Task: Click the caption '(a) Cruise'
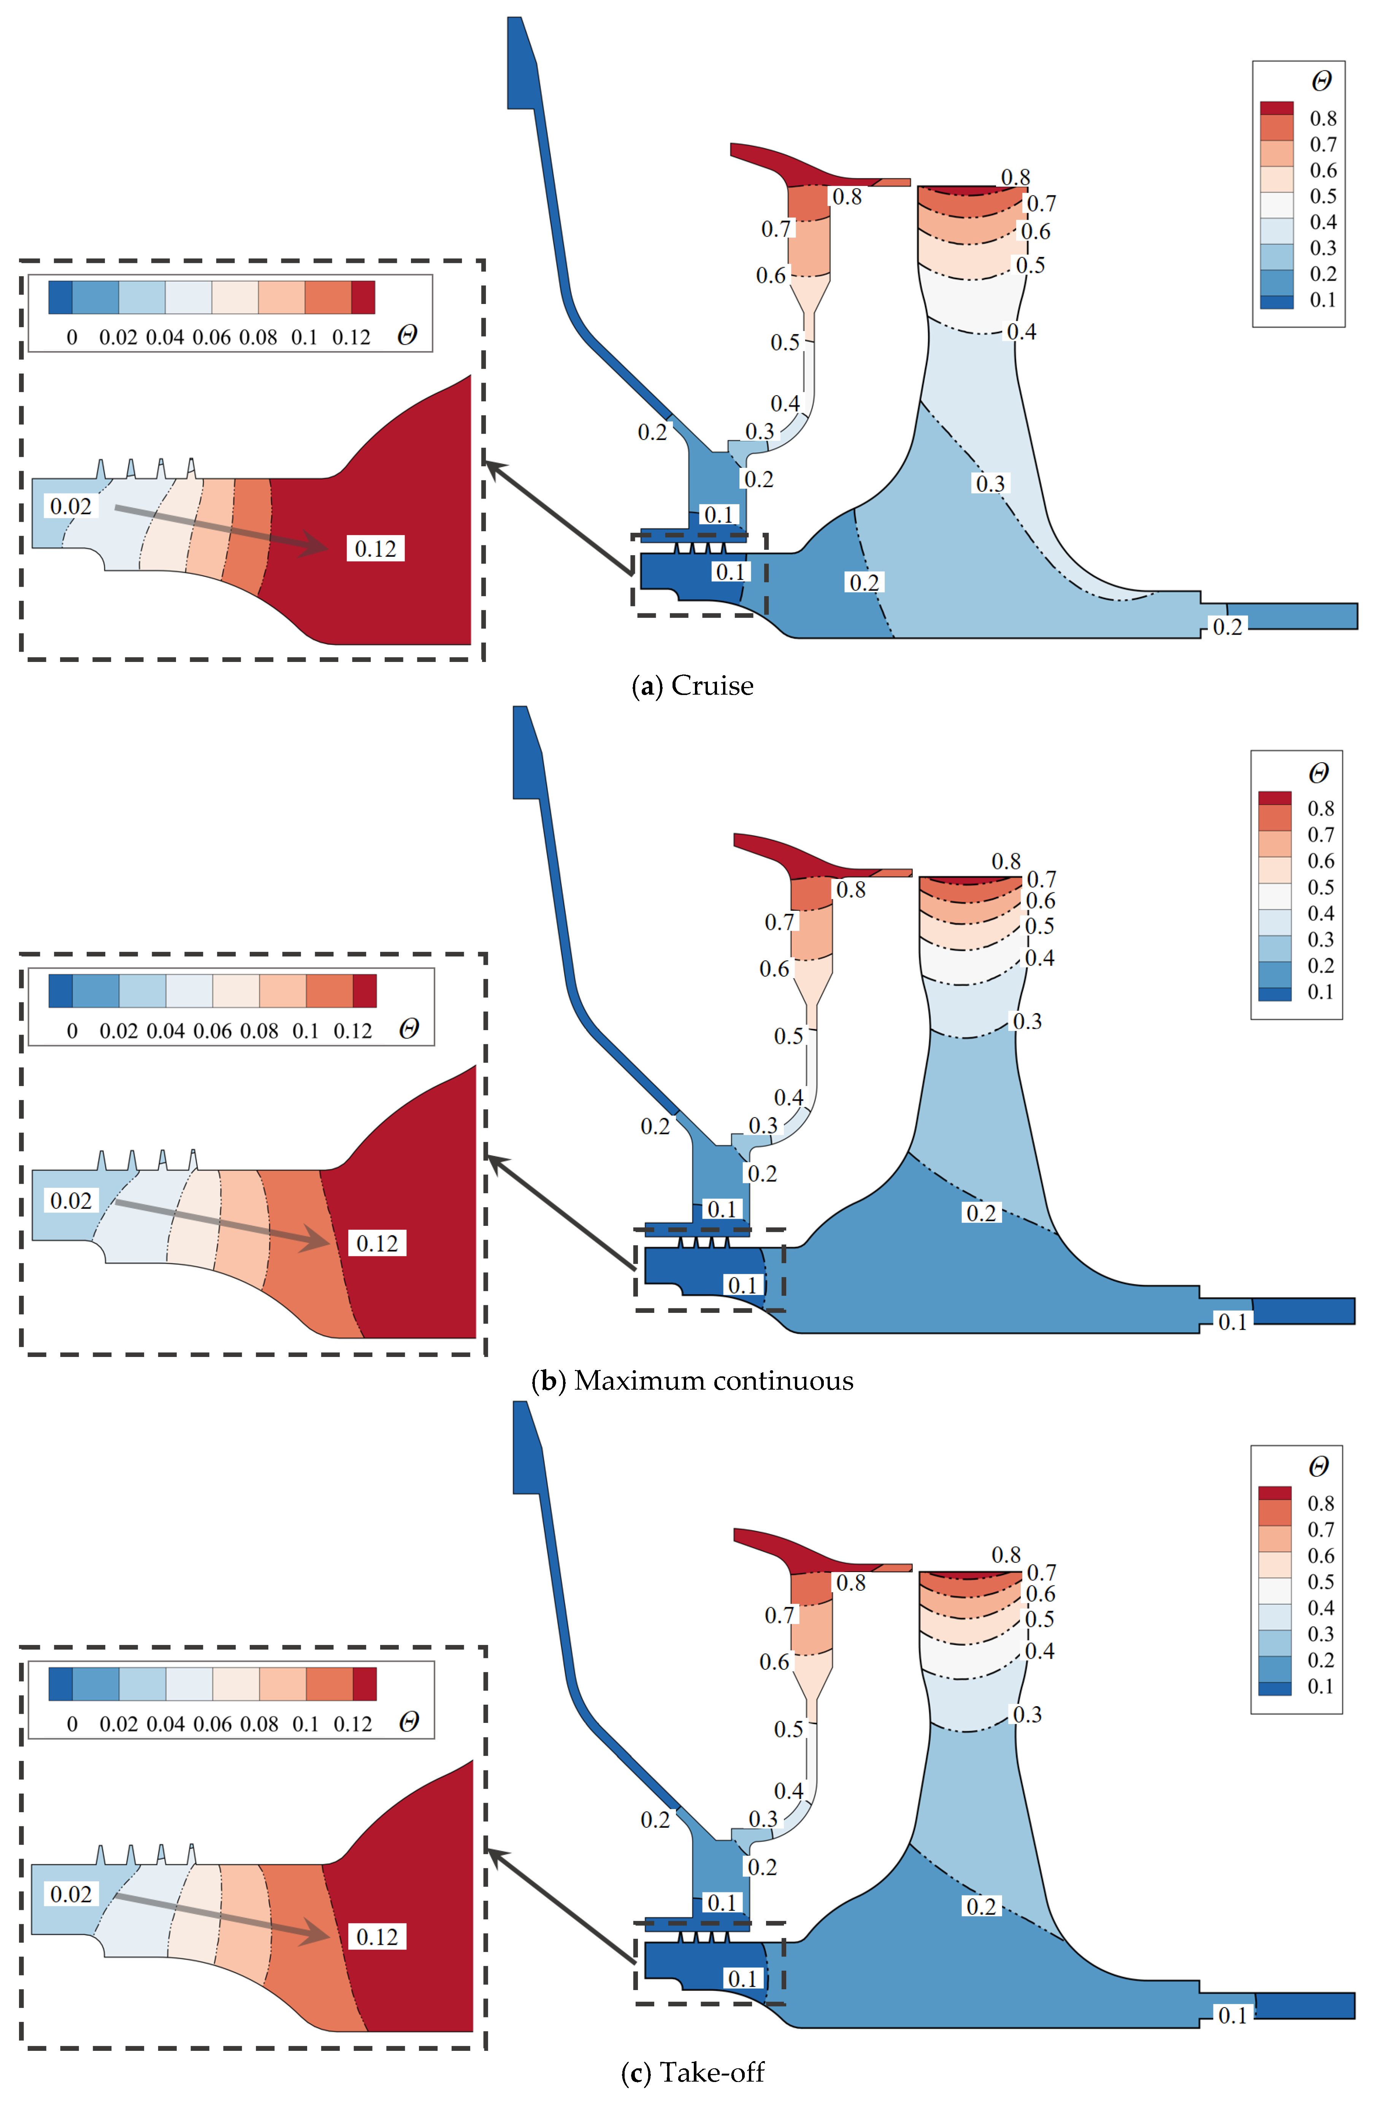(692, 686)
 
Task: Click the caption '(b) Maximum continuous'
(692, 1381)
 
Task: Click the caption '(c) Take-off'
(692, 2072)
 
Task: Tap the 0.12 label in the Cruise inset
(375, 549)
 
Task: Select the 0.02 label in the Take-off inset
(71, 1894)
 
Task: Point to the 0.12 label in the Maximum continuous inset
(377, 1244)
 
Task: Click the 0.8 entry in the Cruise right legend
(1323, 118)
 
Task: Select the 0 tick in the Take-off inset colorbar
(72, 1724)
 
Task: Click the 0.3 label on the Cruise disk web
(990, 484)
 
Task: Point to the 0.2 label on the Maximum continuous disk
(981, 1213)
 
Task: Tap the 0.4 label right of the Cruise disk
(1022, 332)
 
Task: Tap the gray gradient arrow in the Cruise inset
(221, 528)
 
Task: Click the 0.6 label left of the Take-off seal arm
(774, 1662)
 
